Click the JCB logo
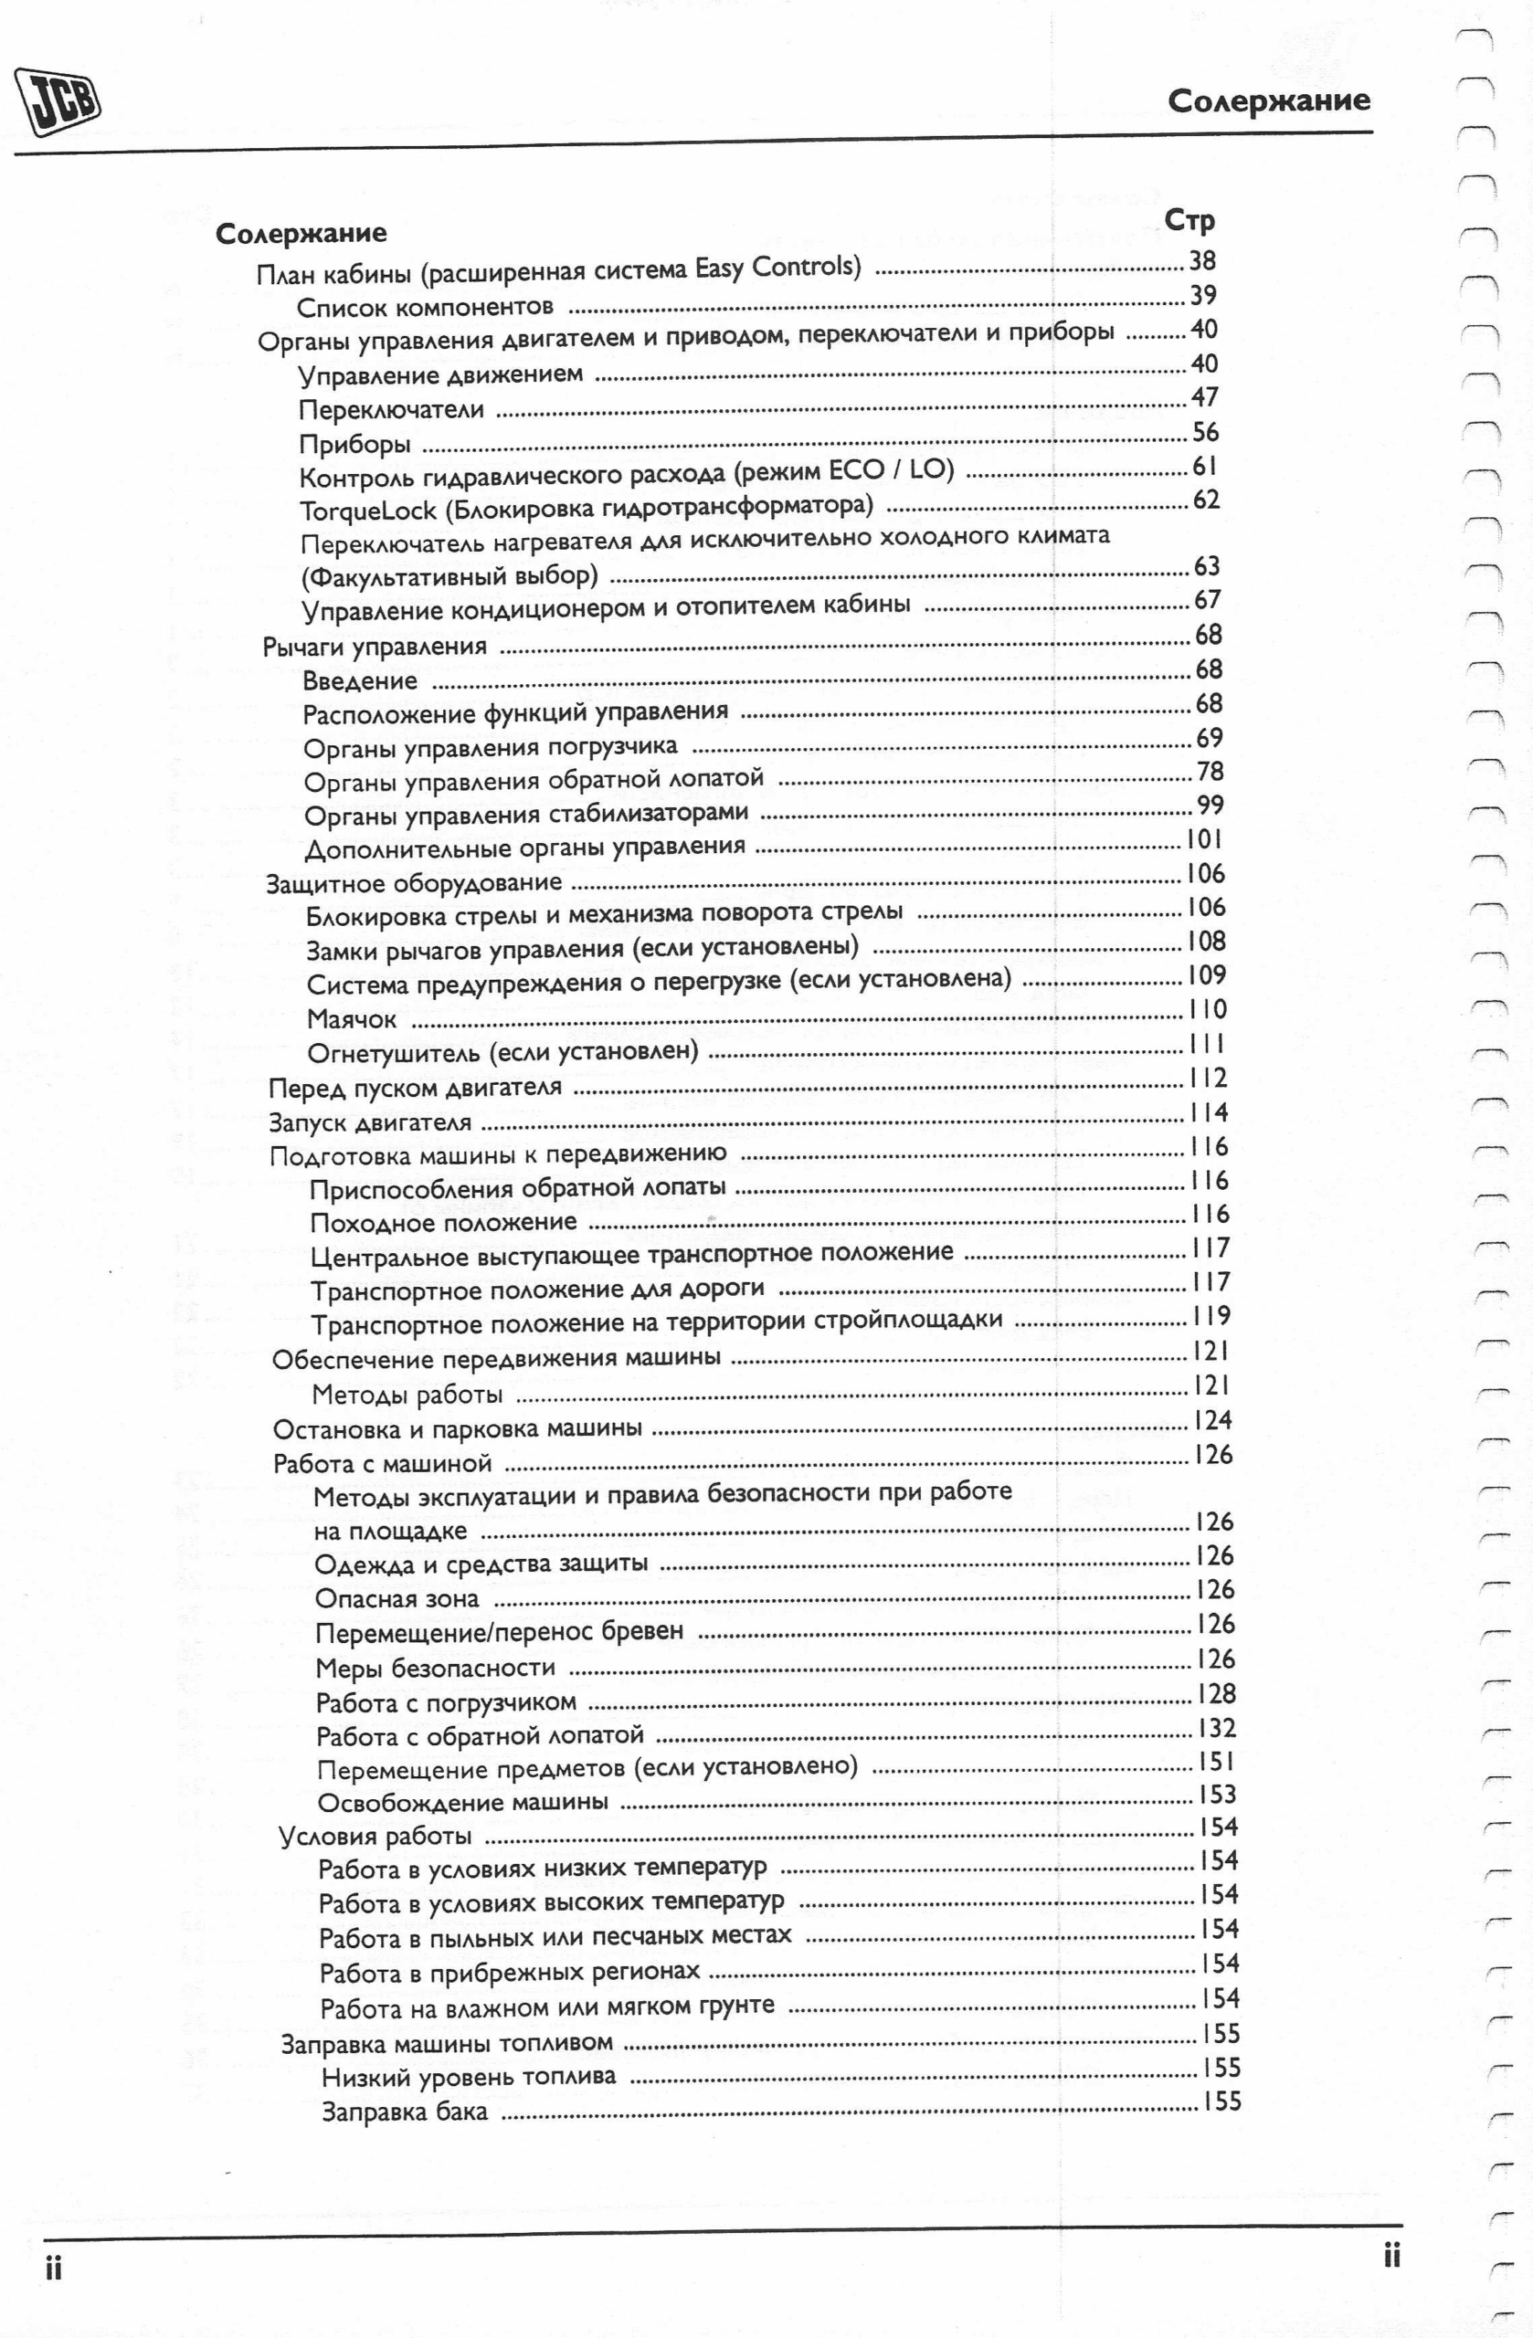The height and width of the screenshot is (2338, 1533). click(59, 100)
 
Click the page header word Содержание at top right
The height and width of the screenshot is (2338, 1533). click(1268, 100)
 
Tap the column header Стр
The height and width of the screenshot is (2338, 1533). click(1189, 221)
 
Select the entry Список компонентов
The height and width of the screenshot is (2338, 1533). click(425, 308)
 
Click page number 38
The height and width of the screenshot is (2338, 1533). click(1202, 260)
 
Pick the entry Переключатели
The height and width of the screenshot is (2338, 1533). click(391, 410)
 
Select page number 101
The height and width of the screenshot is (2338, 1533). click(1206, 839)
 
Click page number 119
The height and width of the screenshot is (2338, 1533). click(1211, 1315)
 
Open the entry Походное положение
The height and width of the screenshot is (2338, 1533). click(443, 1223)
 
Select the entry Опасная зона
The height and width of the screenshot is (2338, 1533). click(397, 1599)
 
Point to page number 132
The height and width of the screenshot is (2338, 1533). click(1217, 1728)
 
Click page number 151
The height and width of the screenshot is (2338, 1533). click(1216, 1763)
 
